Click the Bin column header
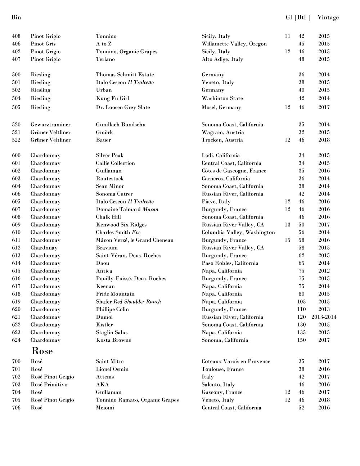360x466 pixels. [16, 17]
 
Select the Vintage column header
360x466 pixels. [328, 17]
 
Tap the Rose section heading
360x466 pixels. [42, 351]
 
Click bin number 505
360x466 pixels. [16, 107]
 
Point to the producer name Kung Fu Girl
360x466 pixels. [112, 98]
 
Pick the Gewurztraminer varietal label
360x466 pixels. [50, 125]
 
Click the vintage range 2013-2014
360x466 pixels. [324, 317]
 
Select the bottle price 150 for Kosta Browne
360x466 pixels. [301, 340]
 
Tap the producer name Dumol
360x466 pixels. [104, 317]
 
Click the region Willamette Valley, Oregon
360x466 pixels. [234, 44]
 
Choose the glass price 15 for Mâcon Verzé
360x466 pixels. [287, 240]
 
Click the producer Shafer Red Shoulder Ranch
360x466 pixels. [128, 302]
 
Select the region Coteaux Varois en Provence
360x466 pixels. [236, 362]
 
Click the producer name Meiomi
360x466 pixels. [105, 408]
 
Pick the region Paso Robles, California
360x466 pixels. [230, 263]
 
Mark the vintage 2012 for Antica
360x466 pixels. [324, 271]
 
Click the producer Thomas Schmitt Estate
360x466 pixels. [125, 75]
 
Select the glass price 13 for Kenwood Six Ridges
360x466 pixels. [287, 225]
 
